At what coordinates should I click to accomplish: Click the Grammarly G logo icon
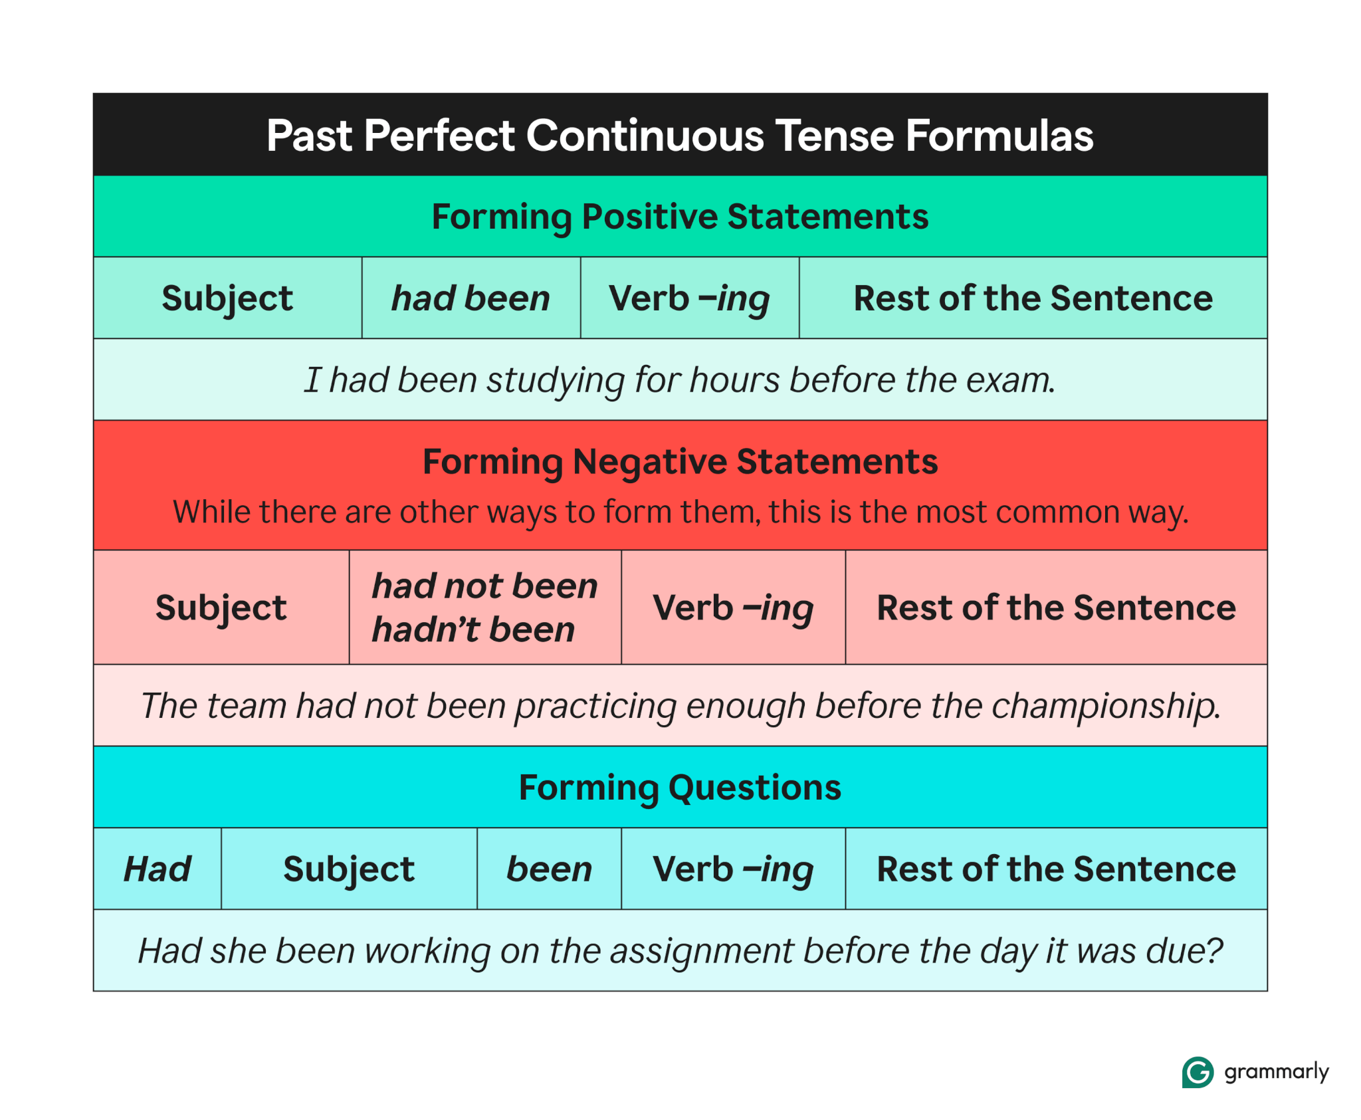[x=1197, y=1071]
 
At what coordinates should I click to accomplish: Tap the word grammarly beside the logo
[x=1276, y=1071]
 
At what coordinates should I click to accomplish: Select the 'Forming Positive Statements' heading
[x=680, y=217]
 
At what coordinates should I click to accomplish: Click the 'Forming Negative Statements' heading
[x=680, y=461]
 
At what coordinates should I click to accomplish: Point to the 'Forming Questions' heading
[x=680, y=788]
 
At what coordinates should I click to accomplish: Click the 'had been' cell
[x=471, y=298]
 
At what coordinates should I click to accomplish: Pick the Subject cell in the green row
[x=227, y=298]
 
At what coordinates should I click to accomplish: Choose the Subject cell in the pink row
[x=221, y=608]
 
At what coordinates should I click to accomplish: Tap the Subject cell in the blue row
[x=349, y=869]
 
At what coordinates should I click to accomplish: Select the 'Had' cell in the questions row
[x=157, y=869]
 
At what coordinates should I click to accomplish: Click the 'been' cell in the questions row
[x=549, y=869]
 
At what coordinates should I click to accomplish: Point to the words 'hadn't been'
[x=473, y=629]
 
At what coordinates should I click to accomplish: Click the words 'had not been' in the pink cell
[x=484, y=586]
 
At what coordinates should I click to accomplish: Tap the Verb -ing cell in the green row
[x=689, y=298]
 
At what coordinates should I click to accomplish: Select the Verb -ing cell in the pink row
[x=733, y=608]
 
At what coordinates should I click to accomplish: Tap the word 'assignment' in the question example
[x=701, y=951]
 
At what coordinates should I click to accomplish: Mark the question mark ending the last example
[x=1214, y=951]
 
